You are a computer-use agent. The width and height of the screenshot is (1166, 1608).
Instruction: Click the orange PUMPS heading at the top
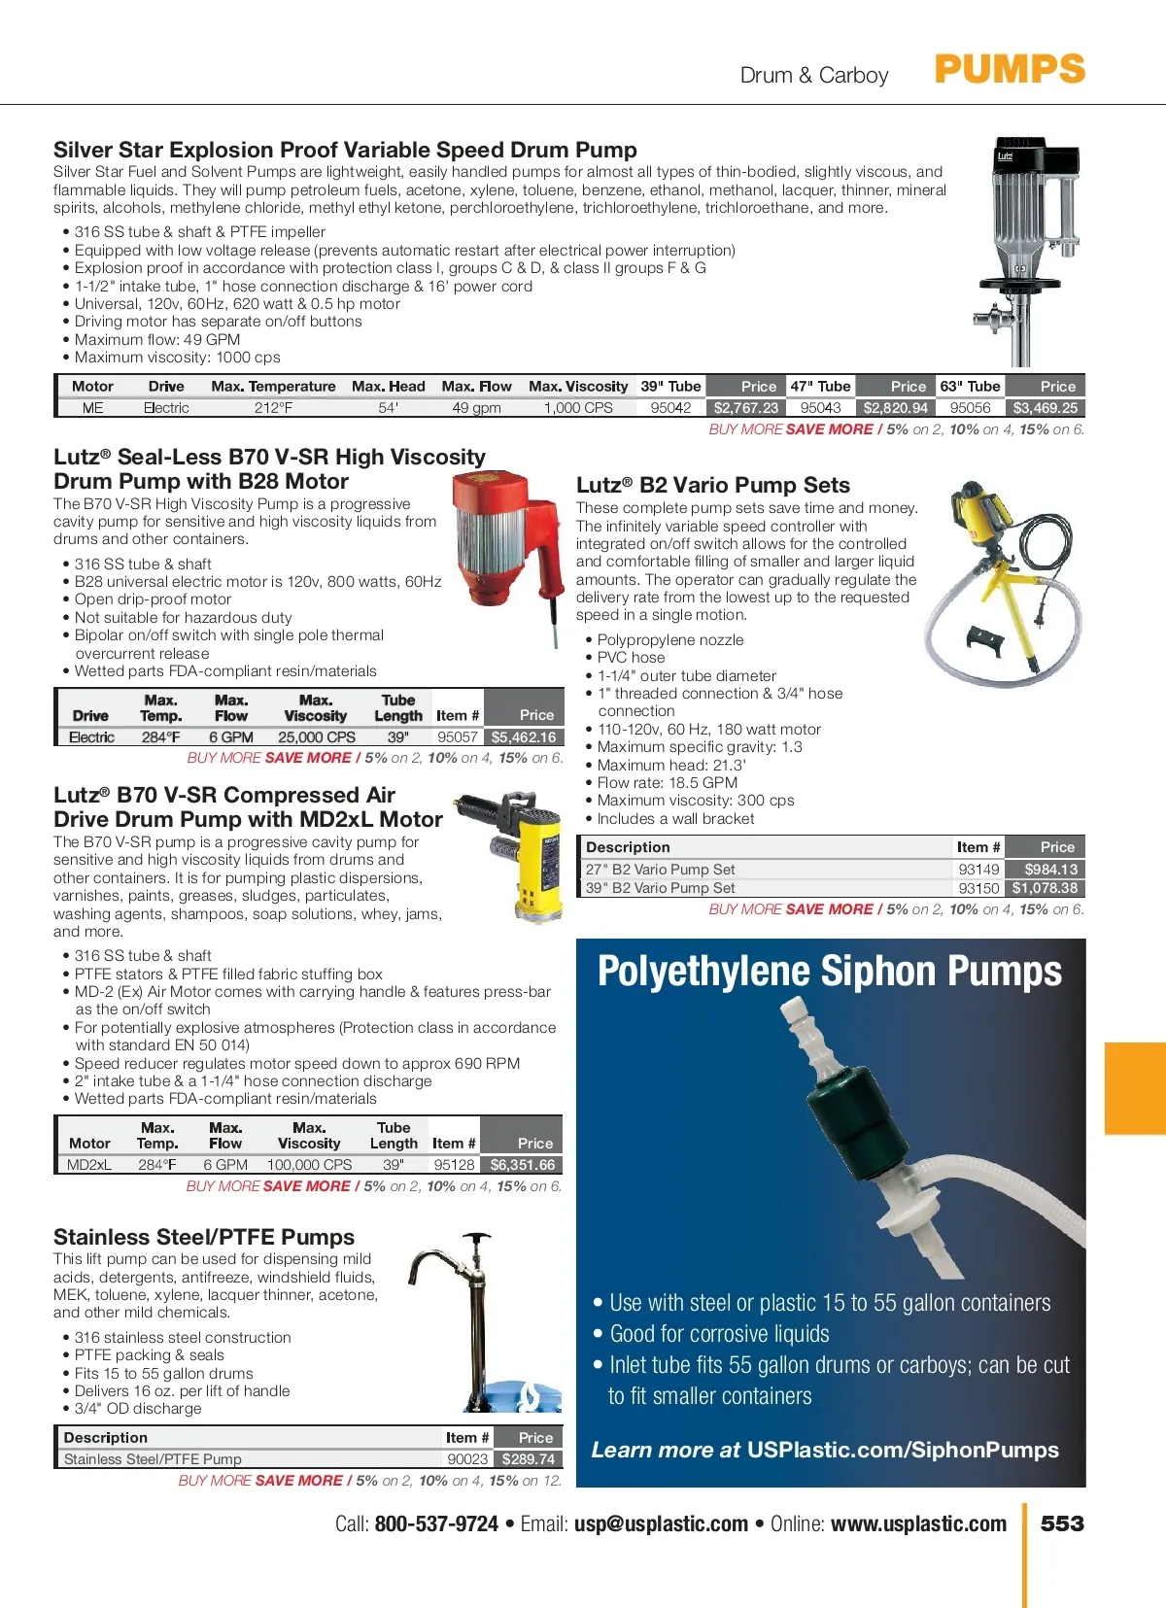(x=1010, y=70)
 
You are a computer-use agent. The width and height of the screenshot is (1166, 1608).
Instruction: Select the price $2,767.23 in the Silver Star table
(x=745, y=408)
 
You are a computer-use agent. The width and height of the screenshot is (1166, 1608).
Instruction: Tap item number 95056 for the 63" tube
(x=970, y=408)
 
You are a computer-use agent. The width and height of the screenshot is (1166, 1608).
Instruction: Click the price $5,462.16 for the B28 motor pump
(x=523, y=737)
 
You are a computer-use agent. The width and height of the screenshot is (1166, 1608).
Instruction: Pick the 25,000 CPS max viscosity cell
(x=316, y=737)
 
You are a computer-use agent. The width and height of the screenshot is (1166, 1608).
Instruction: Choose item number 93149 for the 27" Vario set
(x=978, y=870)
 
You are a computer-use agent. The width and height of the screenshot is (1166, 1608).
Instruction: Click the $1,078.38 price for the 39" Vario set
(x=1045, y=888)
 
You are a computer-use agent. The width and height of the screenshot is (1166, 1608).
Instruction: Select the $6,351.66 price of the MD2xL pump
(x=522, y=1165)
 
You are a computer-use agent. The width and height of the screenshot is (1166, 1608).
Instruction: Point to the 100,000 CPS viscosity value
(x=309, y=1165)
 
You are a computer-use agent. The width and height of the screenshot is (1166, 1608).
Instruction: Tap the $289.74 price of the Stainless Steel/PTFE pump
(x=528, y=1459)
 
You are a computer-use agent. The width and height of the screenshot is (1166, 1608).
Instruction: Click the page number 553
(x=1062, y=1523)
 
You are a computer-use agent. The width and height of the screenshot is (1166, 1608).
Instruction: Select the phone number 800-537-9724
(x=436, y=1523)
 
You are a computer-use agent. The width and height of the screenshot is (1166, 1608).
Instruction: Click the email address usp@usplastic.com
(x=661, y=1523)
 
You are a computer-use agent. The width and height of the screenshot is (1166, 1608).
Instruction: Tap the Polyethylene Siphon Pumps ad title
(x=830, y=972)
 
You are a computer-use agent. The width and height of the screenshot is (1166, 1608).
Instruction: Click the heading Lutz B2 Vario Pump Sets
(x=712, y=486)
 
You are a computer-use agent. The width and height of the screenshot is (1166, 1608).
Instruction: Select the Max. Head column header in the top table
(x=388, y=387)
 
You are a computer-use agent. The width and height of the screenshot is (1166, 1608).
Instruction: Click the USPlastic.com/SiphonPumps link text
(x=903, y=1451)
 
